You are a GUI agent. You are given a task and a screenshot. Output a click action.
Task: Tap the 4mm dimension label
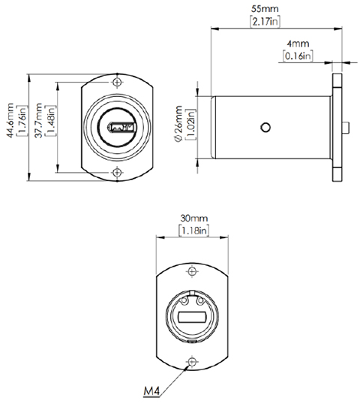click(x=298, y=45)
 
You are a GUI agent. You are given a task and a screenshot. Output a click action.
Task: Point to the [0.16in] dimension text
click(x=298, y=56)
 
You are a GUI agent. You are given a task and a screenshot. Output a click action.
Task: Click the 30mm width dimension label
click(x=193, y=219)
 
